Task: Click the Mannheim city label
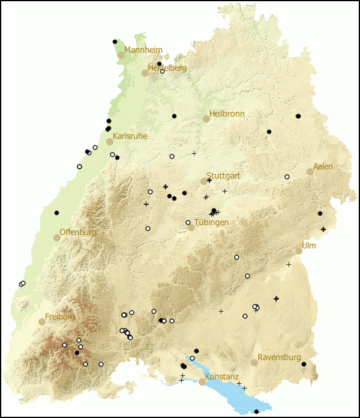coord(143,50)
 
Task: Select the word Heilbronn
coord(227,114)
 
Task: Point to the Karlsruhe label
coord(130,136)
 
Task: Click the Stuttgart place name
coord(224,176)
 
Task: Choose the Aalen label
coord(323,166)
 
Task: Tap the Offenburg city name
coord(77,232)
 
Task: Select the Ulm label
coord(308,246)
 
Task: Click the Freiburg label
coord(60,317)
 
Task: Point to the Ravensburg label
coord(279,357)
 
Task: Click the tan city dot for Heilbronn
coord(206,119)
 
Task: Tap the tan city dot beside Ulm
coord(299,251)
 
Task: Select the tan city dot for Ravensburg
coord(254,363)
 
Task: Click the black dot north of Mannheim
coord(115,41)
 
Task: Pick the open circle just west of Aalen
coord(287,177)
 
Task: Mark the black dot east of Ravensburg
coord(304,364)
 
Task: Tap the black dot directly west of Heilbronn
coord(174,116)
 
